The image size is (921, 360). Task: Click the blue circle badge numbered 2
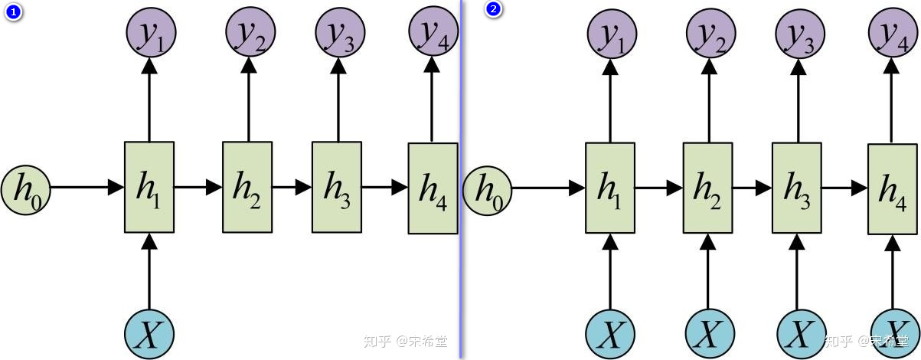point(494,10)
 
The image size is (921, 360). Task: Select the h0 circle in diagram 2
point(488,188)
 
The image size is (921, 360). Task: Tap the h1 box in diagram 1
point(149,187)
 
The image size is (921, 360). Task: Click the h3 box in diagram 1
point(337,187)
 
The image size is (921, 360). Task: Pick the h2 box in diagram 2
point(707,188)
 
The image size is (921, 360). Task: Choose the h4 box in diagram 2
point(892,189)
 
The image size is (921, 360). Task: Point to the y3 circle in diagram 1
point(339,33)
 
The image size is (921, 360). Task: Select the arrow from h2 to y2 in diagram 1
point(248,100)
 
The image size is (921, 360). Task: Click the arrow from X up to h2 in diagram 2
point(708,273)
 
